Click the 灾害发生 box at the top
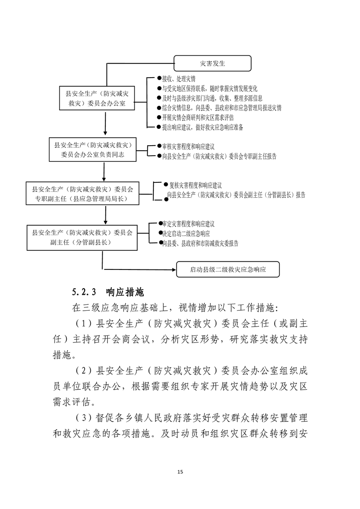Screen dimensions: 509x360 [212, 64]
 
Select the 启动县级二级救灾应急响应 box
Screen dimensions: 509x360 [228, 269]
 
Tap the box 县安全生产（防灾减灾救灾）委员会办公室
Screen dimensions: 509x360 [98, 99]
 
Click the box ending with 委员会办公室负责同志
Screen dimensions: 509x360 [92, 150]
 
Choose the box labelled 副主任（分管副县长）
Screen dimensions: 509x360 [82, 237]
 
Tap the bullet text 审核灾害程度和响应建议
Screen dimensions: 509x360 [188, 147]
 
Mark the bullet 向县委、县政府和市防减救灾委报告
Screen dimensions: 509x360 [200, 244]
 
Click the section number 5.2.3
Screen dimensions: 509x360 [85, 290]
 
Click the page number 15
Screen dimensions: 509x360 [180, 472]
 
